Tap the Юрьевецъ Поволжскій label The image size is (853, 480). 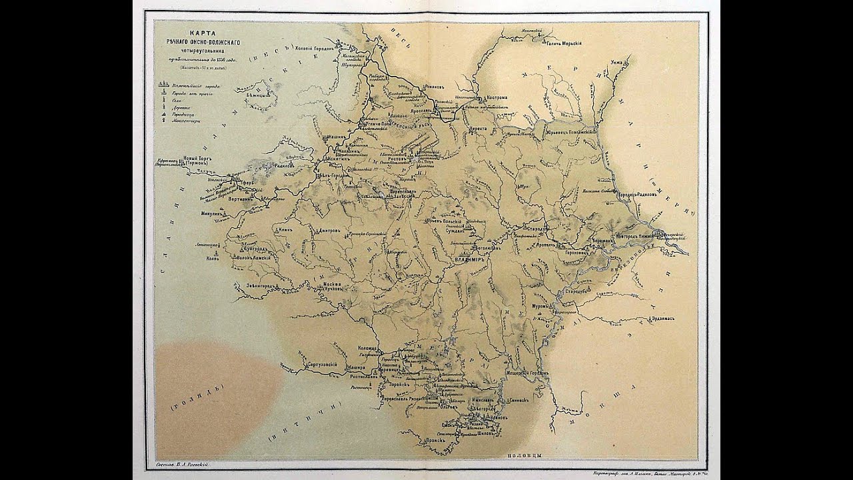568,132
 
